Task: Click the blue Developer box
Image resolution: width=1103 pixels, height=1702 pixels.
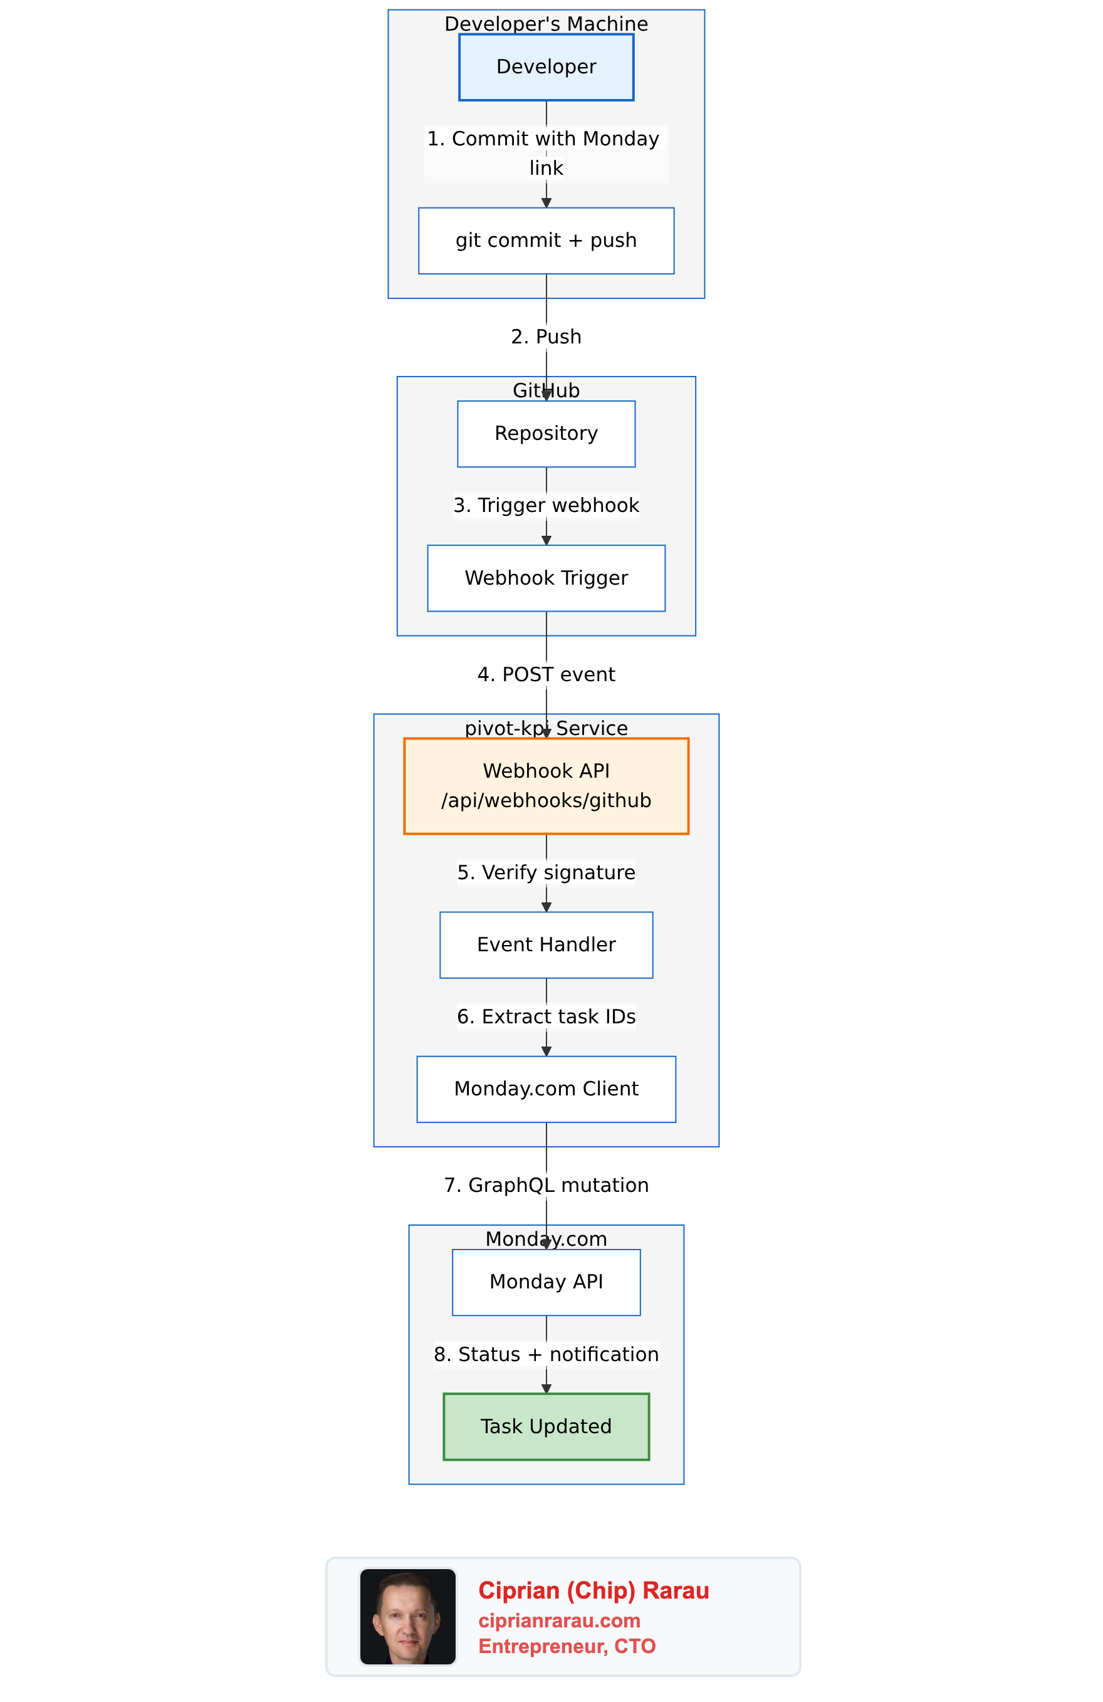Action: [546, 67]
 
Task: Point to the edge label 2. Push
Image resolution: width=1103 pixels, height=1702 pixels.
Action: [546, 337]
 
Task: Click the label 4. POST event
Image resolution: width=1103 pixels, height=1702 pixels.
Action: [546, 674]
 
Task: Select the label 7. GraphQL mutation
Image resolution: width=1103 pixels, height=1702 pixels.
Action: [546, 1185]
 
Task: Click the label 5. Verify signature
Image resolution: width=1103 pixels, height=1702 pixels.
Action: [546, 872]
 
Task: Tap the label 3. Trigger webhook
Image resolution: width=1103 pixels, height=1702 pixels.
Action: [546, 506]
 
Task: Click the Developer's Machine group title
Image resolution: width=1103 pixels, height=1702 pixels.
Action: [546, 24]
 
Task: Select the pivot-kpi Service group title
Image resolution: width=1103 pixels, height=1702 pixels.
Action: [546, 728]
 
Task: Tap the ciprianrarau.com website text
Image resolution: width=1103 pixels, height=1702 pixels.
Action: [558, 1621]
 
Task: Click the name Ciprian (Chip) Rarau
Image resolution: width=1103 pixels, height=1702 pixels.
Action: [593, 1590]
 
